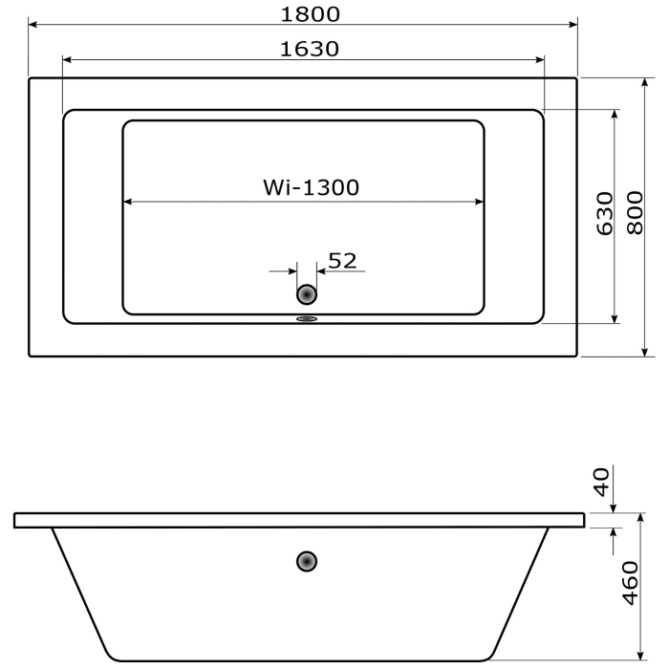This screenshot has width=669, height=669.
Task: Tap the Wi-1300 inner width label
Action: pos(311,187)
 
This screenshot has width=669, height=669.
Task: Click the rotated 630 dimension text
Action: pos(604,214)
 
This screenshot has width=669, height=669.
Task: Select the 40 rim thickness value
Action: pos(601,482)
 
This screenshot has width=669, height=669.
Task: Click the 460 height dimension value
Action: pos(630,583)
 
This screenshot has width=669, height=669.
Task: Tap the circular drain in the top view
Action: pos(307,294)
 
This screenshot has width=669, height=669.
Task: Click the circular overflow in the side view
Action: pos(307,561)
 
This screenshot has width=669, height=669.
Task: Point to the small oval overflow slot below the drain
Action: pos(307,320)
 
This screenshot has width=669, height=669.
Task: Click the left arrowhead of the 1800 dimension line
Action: pos(34,24)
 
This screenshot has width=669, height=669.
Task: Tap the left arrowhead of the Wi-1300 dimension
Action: pos(129,202)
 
